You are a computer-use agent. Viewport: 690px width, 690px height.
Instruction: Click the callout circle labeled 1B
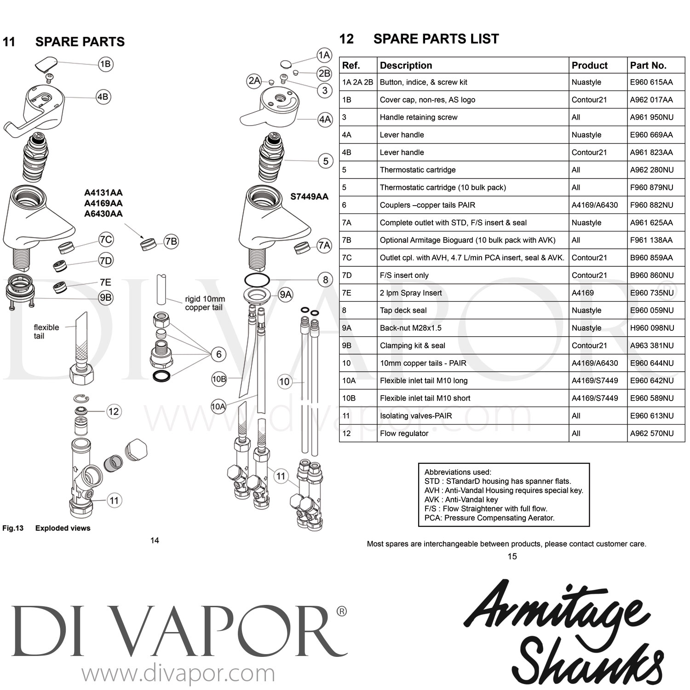pos(105,64)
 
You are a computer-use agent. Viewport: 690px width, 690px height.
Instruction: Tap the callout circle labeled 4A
pos(325,120)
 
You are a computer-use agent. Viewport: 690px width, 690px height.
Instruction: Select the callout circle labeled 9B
pos(105,298)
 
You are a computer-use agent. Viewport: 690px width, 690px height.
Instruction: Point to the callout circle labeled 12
pos(114,411)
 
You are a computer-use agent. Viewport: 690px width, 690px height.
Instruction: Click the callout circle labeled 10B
pos(219,379)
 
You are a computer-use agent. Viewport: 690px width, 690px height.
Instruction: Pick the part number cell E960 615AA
pos(651,82)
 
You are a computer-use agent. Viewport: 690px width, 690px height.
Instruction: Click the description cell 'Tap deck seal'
pos(403,310)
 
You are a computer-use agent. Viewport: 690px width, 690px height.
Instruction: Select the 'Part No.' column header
pos(648,65)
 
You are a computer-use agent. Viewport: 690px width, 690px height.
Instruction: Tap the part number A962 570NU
pos(651,433)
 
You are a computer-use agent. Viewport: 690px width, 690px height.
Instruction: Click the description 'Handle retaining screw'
pos(418,117)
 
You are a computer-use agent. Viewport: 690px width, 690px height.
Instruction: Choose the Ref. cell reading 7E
pos(346,293)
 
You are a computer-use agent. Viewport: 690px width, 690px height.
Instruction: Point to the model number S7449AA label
pos(309,196)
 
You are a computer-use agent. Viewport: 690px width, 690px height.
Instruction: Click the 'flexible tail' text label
pos(46,332)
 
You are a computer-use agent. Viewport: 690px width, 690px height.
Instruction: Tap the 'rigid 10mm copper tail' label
pos(205,303)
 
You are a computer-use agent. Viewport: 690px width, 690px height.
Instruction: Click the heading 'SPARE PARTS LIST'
pos(436,39)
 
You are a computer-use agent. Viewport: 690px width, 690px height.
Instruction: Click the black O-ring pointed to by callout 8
pos(257,280)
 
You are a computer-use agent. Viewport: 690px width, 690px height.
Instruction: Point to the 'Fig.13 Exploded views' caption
pos(46,528)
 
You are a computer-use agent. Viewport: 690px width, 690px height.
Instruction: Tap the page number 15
pos(512,557)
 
